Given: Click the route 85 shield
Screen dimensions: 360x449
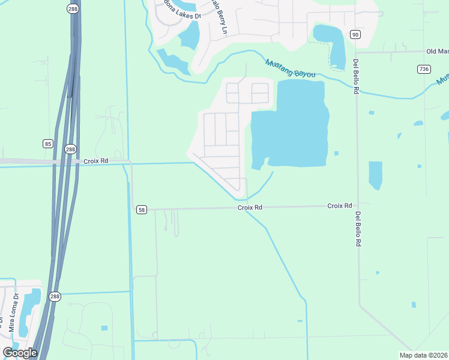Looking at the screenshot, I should coord(47,143).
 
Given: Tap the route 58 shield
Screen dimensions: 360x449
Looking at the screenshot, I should coord(141,209).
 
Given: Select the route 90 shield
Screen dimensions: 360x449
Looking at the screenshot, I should coord(355,34).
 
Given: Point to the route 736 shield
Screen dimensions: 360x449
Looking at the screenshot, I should coord(424,70).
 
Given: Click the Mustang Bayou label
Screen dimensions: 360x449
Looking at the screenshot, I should coord(291,68).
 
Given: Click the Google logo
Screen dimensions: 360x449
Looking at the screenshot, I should coord(20,352).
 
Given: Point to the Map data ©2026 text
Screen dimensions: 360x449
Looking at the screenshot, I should coord(424,355).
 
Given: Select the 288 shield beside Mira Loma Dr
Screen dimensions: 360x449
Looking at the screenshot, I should coord(55,296).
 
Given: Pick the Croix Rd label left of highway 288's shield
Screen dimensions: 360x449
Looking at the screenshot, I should coord(96,161).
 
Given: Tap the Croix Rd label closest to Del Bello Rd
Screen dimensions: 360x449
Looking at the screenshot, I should coord(340,206).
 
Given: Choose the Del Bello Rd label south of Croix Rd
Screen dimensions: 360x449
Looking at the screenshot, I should coord(358,229).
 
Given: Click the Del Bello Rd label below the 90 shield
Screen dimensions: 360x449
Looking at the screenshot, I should coord(356,76).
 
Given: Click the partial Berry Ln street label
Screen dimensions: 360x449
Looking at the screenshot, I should coord(218,18).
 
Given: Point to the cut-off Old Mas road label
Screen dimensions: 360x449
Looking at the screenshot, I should coord(437,52).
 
